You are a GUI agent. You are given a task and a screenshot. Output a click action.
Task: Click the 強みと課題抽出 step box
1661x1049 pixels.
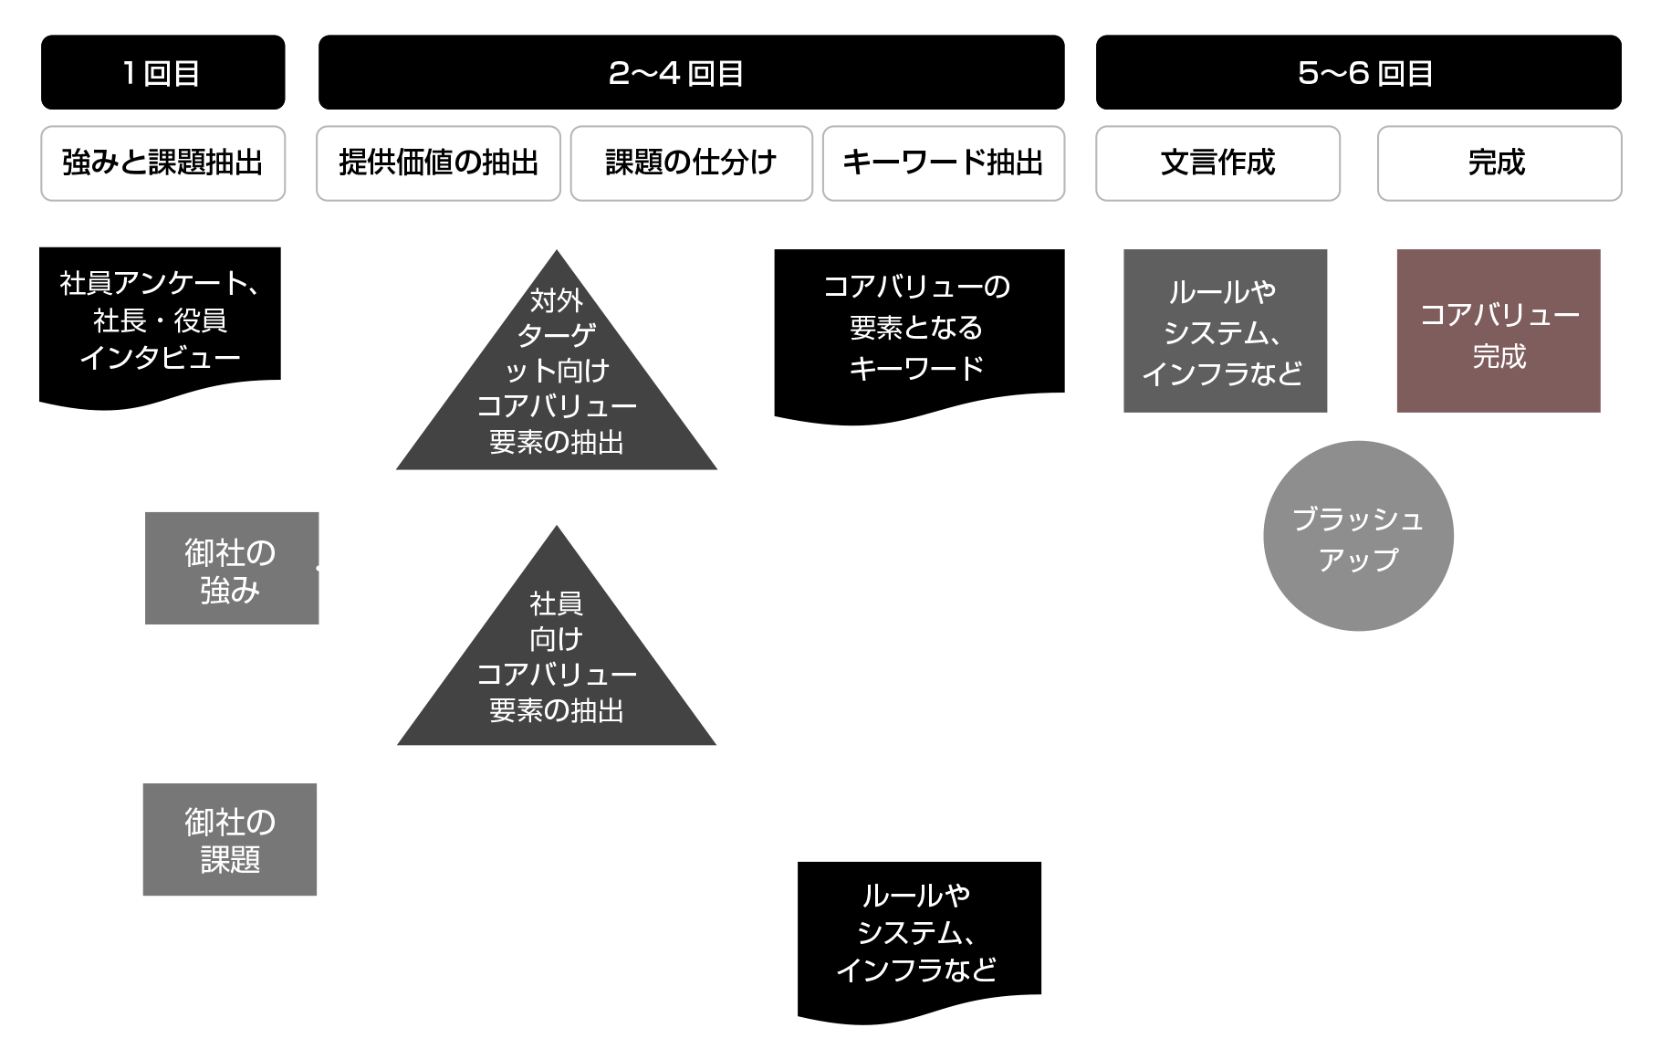click(162, 163)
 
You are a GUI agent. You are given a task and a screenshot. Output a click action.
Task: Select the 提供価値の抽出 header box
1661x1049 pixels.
click(438, 163)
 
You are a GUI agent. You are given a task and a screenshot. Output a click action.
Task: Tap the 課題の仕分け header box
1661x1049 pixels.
click(691, 163)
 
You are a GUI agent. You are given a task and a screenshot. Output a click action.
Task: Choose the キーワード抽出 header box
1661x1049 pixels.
click(943, 163)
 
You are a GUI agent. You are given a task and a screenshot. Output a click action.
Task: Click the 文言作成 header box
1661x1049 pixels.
click(1217, 163)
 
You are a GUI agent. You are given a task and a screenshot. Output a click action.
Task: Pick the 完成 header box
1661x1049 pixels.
click(1499, 163)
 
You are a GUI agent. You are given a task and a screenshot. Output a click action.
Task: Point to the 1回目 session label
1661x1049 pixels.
click(162, 74)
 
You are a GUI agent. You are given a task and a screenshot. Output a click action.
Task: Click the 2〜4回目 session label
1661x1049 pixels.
click(675, 74)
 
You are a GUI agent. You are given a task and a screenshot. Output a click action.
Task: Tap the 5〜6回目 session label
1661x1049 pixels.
click(1365, 74)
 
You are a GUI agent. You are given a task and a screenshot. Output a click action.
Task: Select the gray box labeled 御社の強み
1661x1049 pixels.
click(232, 568)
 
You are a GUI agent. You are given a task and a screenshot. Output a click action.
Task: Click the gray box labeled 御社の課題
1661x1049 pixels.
click(230, 840)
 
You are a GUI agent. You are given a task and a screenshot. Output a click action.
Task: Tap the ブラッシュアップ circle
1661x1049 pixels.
click(1358, 537)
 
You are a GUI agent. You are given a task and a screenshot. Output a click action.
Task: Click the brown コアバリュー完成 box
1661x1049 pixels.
click(1499, 331)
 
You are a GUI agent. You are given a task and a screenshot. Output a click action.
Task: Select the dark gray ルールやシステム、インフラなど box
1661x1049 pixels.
click(1225, 331)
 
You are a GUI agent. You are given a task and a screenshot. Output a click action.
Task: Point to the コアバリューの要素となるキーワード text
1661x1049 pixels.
click(916, 327)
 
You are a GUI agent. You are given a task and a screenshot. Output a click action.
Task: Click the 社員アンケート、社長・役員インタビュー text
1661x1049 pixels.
click(160, 320)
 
